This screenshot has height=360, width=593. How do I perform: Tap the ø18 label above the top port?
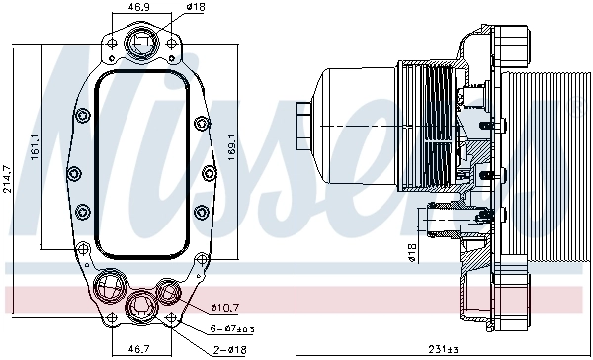pos(197,8)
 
